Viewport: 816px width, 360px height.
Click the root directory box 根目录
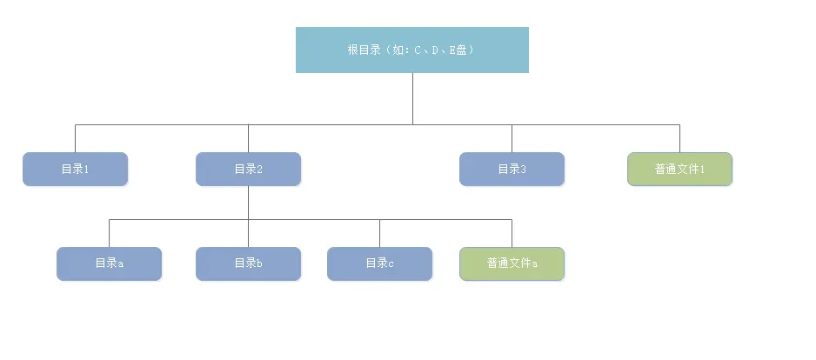tap(411, 50)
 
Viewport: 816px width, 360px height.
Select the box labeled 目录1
tap(75, 169)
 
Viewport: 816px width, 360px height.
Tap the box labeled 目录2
tap(248, 169)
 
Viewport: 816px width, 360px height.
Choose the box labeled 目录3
tap(512, 169)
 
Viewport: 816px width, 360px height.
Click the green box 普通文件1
tap(679, 169)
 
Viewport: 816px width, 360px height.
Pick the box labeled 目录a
tap(109, 263)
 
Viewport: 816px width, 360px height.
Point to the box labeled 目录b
tap(248, 263)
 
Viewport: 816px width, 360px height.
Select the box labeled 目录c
tap(379, 263)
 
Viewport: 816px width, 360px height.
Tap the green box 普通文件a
tap(512, 263)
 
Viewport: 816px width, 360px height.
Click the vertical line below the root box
tap(412, 98)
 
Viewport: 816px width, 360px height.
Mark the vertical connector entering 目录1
tap(75, 138)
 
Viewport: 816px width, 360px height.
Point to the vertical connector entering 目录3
tap(512, 138)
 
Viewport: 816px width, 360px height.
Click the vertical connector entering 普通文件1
tap(679, 138)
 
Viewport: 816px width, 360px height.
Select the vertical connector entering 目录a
tap(109, 233)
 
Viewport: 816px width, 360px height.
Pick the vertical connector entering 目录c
tap(379, 233)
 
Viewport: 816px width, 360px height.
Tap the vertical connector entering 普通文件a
tap(512, 233)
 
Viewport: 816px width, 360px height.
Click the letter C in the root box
tap(418, 50)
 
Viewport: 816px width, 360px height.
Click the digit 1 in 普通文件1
tap(701, 170)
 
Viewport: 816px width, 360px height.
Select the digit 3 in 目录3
tap(524, 170)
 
